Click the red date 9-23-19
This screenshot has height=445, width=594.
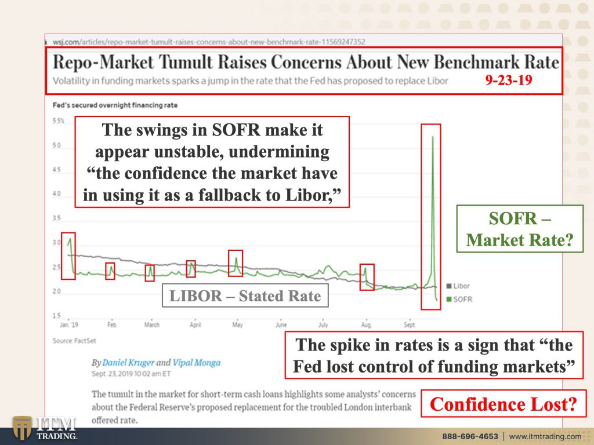[508, 80]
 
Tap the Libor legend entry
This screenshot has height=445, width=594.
[458, 286]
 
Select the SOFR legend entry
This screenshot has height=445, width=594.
[459, 300]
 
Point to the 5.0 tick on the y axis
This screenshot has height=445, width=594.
[56, 145]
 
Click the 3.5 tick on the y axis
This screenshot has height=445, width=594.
[56, 218]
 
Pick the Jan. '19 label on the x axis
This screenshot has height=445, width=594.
[69, 324]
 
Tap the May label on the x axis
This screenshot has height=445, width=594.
[237, 324]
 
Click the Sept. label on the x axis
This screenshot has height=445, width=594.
[410, 324]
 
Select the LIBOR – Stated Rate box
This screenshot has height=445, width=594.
[245, 296]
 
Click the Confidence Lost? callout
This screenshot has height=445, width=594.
[504, 404]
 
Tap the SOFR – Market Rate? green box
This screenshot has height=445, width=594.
[520, 229]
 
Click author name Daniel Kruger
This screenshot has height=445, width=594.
[128, 363]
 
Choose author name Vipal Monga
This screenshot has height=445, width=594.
[196, 363]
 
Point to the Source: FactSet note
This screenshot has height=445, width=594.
[74, 341]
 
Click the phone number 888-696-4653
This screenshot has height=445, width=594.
[470, 436]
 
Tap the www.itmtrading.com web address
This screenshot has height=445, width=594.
[545, 436]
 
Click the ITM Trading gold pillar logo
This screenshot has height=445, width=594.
[21, 428]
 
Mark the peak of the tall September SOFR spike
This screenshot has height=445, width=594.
[433, 137]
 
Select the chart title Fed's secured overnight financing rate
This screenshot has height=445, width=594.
[115, 105]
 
